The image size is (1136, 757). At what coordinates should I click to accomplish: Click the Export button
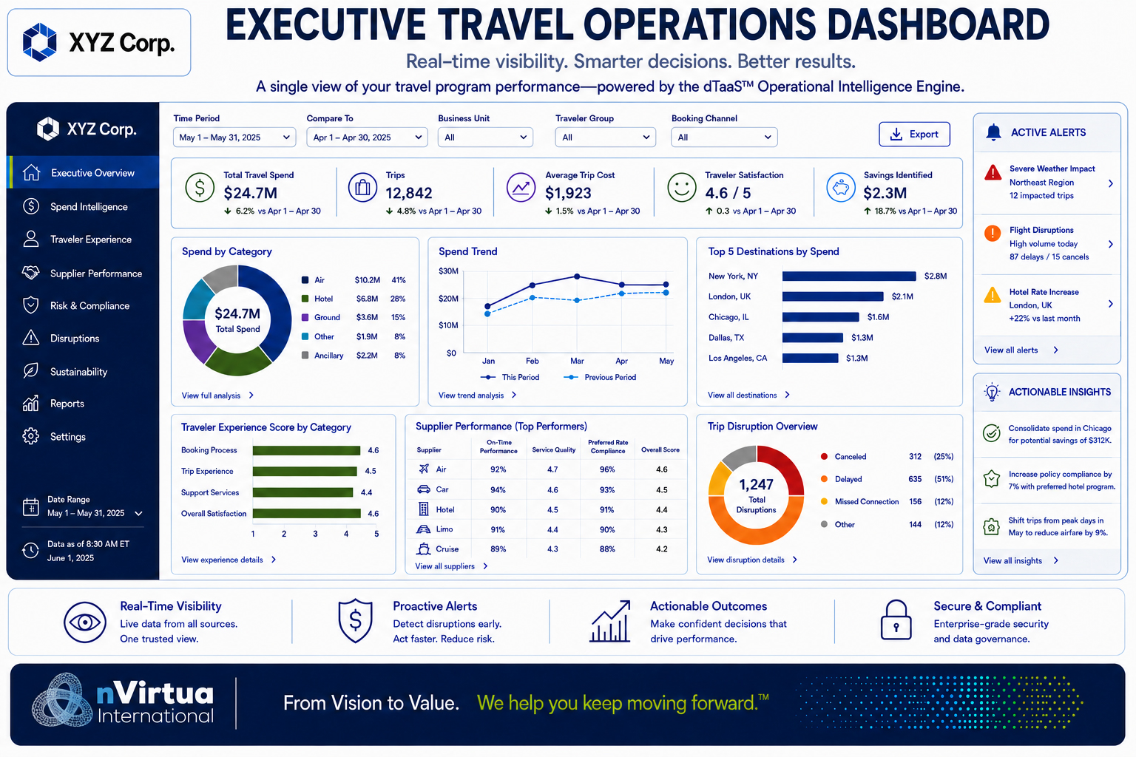(x=914, y=135)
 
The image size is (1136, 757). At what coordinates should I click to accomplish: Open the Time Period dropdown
(x=234, y=138)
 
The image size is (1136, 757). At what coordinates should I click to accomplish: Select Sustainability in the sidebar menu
(x=78, y=372)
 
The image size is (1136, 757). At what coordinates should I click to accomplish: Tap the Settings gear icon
(x=31, y=436)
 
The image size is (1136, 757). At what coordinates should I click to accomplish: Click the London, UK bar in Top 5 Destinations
(x=833, y=296)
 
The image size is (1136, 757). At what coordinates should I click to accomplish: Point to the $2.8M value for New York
(x=935, y=276)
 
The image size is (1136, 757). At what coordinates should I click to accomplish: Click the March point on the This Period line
(x=577, y=276)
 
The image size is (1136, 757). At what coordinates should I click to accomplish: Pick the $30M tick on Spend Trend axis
(x=448, y=271)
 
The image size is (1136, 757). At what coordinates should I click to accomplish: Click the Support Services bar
(x=302, y=492)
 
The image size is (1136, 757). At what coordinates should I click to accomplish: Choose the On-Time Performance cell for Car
(x=498, y=490)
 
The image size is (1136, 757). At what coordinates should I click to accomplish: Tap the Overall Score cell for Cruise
(x=661, y=549)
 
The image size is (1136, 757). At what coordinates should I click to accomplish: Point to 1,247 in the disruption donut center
(x=756, y=485)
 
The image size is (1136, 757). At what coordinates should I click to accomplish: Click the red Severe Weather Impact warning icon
(x=993, y=173)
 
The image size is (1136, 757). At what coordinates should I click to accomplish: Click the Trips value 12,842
(x=409, y=193)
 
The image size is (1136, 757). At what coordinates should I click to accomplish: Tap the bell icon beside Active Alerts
(x=993, y=132)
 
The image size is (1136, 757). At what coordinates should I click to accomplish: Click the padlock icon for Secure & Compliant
(x=896, y=620)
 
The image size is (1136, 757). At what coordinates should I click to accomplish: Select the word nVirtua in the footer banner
(x=155, y=693)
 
